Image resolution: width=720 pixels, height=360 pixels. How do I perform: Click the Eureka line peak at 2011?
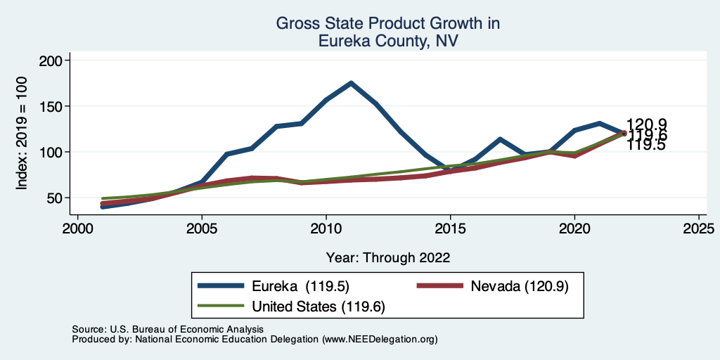click(x=351, y=83)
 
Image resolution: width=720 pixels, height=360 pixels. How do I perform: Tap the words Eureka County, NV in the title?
click(x=388, y=41)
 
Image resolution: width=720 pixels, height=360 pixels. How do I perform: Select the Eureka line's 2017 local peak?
click(x=500, y=139)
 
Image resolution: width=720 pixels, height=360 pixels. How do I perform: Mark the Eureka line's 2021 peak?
click(x=599, y=123)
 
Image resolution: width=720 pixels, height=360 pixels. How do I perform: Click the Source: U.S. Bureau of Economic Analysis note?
click(x=167, y=329)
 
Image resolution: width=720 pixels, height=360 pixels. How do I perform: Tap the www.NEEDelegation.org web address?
click(x=379, y=339)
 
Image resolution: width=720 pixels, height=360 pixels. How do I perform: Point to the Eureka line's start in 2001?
click(x=103, y=207)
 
